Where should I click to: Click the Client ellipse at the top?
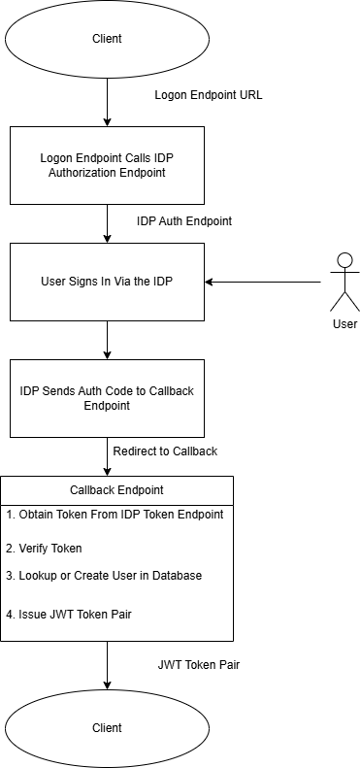point(107,40)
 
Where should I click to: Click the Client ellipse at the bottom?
point(107,727)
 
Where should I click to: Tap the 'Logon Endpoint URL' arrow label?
point(209,96)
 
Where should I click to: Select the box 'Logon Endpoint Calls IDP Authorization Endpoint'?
point(107,164)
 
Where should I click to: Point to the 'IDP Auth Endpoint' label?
point(183,220)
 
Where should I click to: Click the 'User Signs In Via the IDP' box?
point(107,282)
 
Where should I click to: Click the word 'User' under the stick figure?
point(344,324)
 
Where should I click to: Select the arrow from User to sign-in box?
point(262,283)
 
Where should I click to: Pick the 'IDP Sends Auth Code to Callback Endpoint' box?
point(107,398)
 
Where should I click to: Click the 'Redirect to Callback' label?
point(164,451)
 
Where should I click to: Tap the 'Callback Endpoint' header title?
point(116,490)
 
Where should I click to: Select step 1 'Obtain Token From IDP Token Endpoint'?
point(115,514)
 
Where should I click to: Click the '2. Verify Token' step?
point(44,548)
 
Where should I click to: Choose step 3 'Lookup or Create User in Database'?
point(103,576)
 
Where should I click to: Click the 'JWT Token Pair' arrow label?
point(198,665)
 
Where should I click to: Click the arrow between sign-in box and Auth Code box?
point(107,340)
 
